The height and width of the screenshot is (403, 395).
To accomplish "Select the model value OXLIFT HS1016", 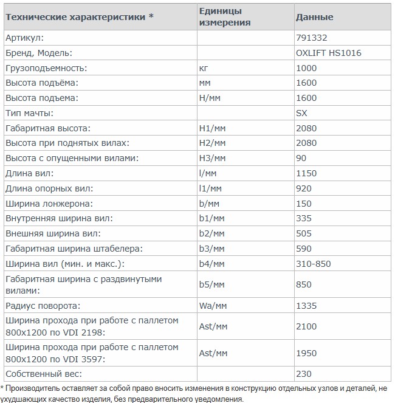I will pyautogui.click(x=328, y=53).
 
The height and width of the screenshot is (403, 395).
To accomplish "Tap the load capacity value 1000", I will pyautogui.click(x=306, y=68).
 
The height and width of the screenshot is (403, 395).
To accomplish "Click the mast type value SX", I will pyautogui.click(x=301, y=113).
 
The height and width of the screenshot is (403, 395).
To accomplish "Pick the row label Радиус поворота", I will pyautogui.click(x=43, y=305).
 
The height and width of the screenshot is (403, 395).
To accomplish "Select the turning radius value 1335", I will pyautogui.click(x=306, y=305).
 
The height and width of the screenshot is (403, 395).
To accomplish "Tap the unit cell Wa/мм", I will pyautogui.click(x=213, y=305).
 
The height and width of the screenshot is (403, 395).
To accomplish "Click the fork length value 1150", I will pyautogui.click(x=306, y=173).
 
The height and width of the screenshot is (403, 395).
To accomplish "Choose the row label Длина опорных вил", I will pyautogui.click(x=49, y=188).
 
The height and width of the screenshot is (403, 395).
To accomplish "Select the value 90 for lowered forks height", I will pyautogui.click(x=301, y=158).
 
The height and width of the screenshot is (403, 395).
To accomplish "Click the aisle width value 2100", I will pyautogui.click(x=306, y=326).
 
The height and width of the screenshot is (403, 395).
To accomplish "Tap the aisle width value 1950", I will pyautogui.click(x=306, y=353).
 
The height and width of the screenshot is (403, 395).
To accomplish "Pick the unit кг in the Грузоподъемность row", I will pyautogui.click(x=204, y=68).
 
